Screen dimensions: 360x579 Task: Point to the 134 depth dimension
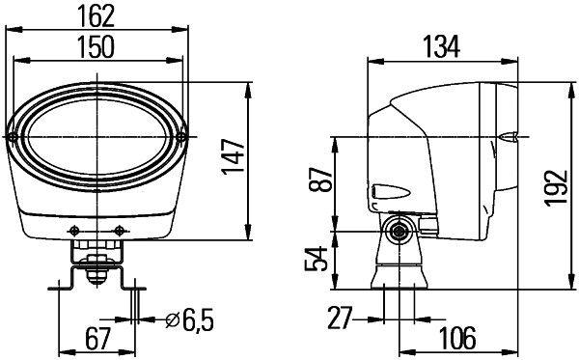pos(442,45)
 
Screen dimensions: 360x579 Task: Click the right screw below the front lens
pos(120,229)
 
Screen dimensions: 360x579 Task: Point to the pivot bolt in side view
pos(395,232)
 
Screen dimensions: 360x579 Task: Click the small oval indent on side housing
pos(382,191)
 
